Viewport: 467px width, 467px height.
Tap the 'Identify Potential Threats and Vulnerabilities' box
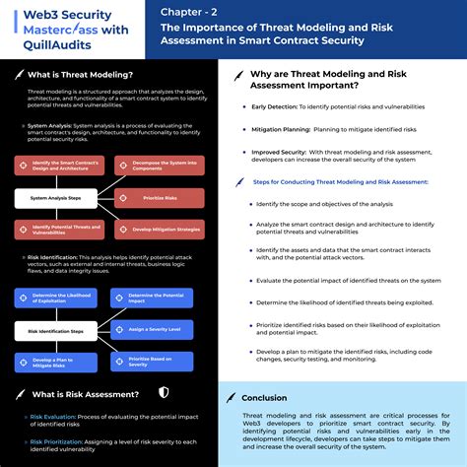click(54, 230)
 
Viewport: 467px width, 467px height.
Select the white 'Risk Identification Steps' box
click(54, 330)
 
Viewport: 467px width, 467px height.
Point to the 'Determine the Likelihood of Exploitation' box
click(54, 298)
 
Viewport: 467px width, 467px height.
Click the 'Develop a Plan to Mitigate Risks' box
click(54, 363)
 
